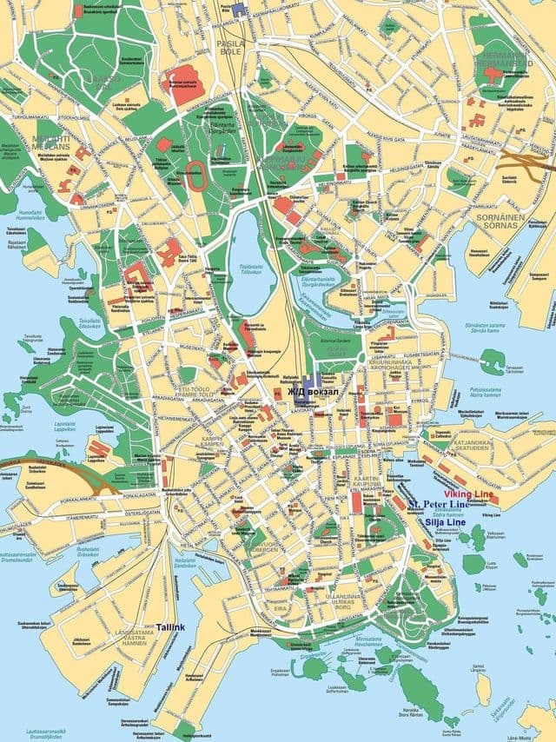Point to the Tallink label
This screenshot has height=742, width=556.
click(170, 626)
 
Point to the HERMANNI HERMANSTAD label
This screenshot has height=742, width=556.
click(504, 61)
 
